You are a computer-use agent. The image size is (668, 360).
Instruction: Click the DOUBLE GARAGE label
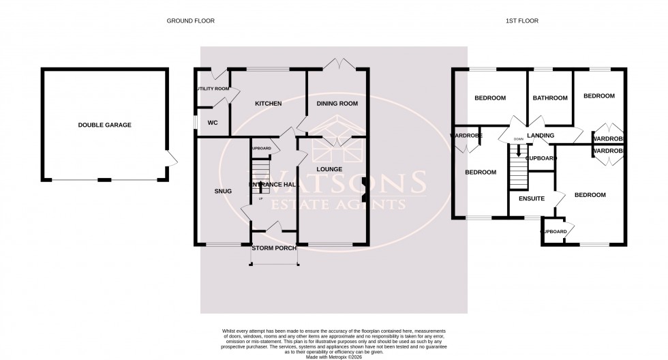104,125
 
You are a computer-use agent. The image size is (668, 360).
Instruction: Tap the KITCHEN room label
268,104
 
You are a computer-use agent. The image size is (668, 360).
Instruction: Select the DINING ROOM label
337,104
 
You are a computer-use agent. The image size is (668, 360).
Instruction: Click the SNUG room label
223,191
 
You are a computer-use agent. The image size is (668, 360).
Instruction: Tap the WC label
212,123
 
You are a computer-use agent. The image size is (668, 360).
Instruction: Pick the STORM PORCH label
274,248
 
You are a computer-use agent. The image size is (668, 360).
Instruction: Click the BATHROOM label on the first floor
550,98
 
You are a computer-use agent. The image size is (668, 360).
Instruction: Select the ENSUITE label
532,199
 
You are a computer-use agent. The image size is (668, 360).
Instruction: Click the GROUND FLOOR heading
191,21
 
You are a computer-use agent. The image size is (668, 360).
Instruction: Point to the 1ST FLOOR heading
522,21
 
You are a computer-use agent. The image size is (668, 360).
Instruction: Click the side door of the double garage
172,159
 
